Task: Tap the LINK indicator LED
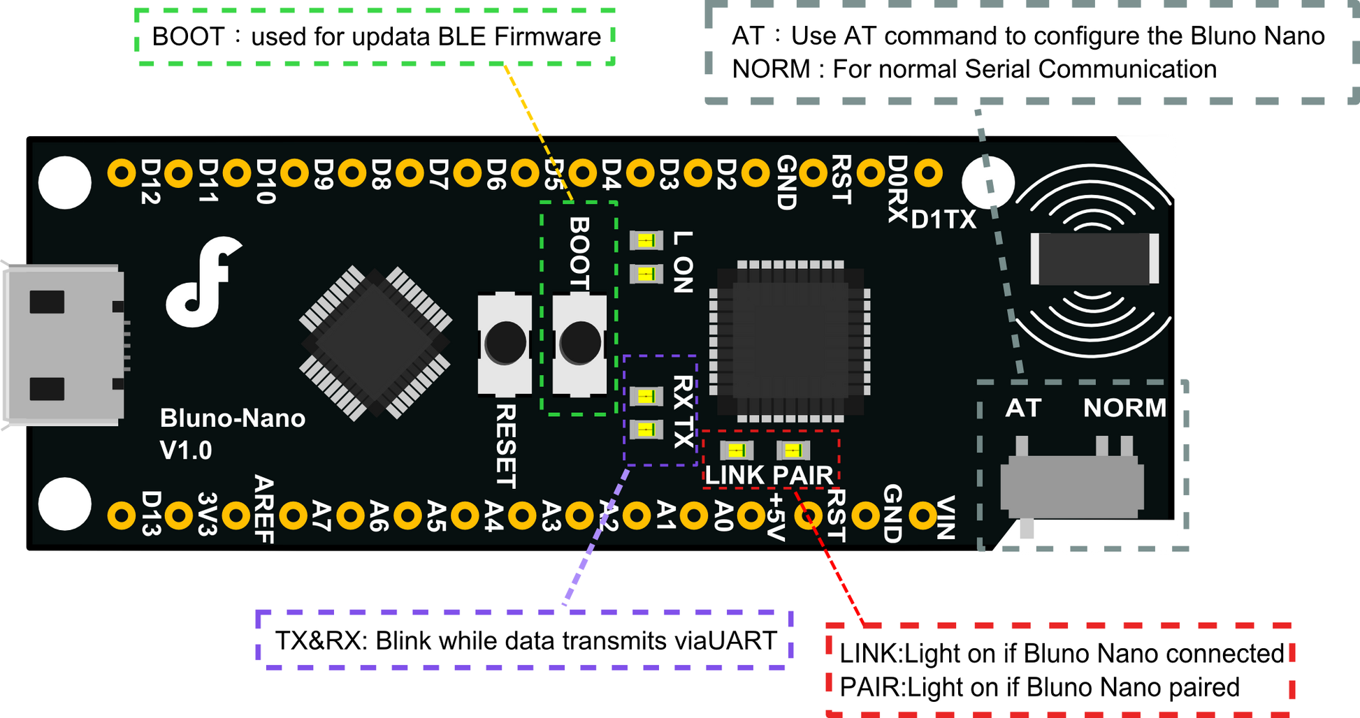pos(737,450)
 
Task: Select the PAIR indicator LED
pos(793,450)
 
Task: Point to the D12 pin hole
pos(122,173)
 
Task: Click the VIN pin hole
pos(923,516)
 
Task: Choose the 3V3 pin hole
pos(179,516)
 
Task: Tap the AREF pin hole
pos(236,516)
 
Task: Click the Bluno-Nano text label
pos(233,418)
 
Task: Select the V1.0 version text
pos(186,450)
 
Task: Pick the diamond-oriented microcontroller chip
pos(375,343)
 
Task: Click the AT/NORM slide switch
pos(1072,483)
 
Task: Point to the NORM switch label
pos(1124,408)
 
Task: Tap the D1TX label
pos(943,220)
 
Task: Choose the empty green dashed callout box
pos(376,38)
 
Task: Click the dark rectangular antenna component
pos(1094,259)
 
